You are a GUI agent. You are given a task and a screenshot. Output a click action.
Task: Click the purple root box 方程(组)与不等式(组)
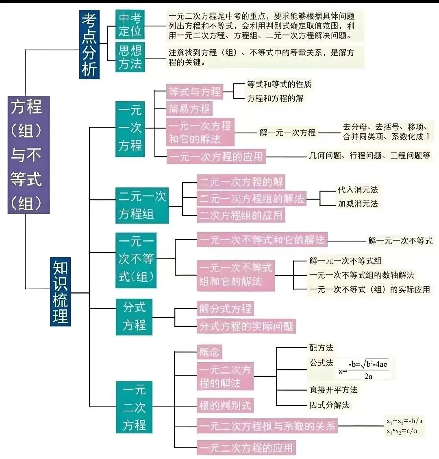coord(28,155)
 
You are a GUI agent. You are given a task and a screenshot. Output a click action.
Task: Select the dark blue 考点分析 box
coord(89,44)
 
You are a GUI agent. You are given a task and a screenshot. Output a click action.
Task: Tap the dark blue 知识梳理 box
coord(61,291)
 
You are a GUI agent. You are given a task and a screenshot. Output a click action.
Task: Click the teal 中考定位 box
coord(130,24)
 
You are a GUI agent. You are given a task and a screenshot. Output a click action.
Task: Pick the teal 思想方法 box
coord(130,57)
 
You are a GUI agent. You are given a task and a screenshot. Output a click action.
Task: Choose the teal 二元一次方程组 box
coord(142,205)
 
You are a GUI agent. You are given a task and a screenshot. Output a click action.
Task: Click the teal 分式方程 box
coord(134,316)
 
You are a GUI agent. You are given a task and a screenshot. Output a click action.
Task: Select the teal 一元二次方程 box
coord(134,407)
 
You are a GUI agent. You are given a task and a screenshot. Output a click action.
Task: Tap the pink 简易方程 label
coord(189,109)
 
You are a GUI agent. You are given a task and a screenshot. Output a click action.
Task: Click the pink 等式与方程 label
coord(195,92)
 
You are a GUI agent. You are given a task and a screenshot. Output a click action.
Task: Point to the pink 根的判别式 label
coord(225,405)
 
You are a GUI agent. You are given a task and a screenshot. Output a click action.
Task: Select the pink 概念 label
coord(210,352)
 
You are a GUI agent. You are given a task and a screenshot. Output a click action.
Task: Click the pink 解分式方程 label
coord(225,309)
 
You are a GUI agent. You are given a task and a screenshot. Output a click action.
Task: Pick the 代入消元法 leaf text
coord(358,190)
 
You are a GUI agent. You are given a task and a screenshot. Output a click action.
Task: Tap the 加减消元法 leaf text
coord(358,204)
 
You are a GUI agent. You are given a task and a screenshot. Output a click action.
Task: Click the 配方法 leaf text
coord(321,348)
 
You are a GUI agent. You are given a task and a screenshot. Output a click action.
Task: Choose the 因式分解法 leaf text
coord(329,405)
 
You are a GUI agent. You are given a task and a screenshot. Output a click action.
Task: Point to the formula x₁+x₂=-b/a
coord(404,421)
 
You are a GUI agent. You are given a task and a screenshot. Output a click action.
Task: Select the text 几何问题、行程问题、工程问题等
coord(369,156)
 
